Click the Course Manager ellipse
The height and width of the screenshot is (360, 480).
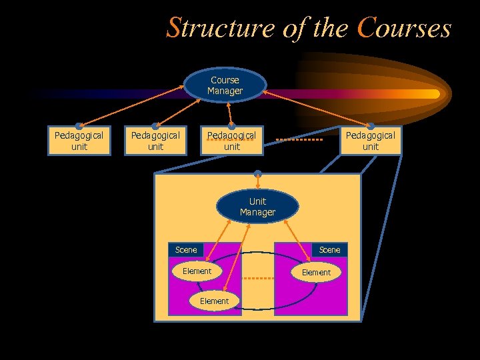[x=225, y=85]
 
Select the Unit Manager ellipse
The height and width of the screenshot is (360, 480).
[x=257, y=207]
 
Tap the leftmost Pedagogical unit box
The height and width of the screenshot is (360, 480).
[x=79, y=141]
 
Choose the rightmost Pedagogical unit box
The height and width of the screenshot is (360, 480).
[x=371, y=141]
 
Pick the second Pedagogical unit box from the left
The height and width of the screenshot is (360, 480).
[x=155, y=141]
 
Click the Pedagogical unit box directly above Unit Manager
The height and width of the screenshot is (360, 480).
[x=231, y=141]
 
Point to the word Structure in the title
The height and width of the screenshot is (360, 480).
[x=219, y=29]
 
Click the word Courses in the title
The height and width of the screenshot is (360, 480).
[x=404, y=29]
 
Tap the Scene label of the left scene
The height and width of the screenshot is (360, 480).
[x=186, y=250]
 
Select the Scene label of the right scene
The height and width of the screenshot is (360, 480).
[x=329, y=250]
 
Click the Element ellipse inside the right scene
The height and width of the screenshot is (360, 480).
[x=316, y=272]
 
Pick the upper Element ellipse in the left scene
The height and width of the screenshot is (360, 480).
[x=197, y=271]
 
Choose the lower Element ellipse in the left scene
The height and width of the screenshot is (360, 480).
[x=214, y=301]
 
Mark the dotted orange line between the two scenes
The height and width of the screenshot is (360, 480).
[x=257, y=277]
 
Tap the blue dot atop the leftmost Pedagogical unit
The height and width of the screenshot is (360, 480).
[x=79, y=125]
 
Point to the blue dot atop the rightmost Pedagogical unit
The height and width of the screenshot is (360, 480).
[x=371, y=125]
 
